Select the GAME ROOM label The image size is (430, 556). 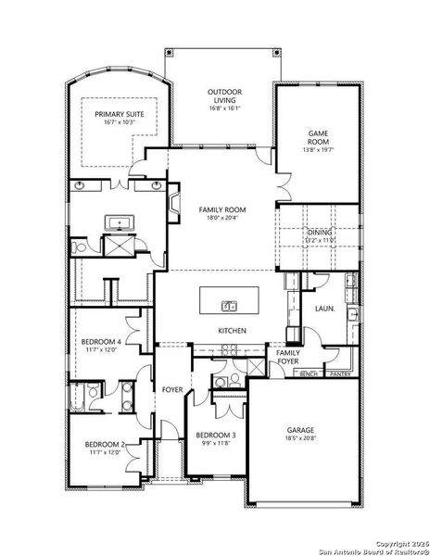coord(318,138)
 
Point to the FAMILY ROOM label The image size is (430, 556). coord(222,210)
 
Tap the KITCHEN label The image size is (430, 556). coord(231,330)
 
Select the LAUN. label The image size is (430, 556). coord(323,308)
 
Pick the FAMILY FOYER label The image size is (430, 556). coord(287,356)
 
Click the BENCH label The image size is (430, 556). coord(308,373)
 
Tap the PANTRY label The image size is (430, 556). coord(338,373)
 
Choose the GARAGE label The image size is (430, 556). coord(300,430)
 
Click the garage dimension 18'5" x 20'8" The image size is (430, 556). coord(300,440)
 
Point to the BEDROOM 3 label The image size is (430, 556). coord(214,434)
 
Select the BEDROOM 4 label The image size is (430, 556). coord(102,341)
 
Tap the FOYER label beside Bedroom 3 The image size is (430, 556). coord(173,389)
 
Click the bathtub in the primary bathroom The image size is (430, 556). coord(120,222)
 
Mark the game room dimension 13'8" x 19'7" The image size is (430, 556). coord(318,149)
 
